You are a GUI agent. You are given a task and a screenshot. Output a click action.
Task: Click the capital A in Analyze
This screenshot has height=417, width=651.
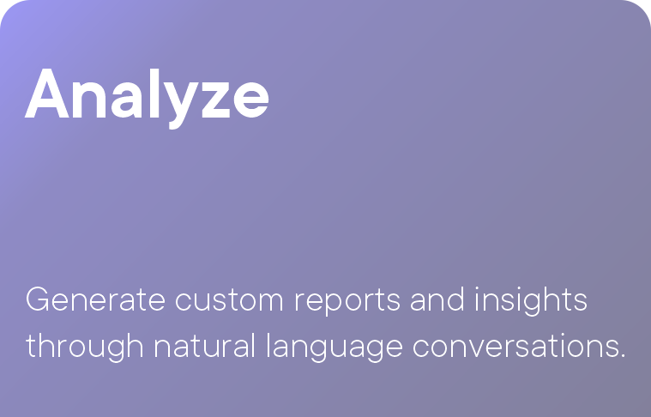(47, 93)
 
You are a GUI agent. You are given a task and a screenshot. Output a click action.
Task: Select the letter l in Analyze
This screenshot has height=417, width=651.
(154, 93)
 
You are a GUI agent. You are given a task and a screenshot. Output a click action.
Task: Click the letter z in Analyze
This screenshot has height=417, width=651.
(216, 100)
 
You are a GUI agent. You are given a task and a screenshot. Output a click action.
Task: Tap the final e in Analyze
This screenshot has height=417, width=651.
(250, 100)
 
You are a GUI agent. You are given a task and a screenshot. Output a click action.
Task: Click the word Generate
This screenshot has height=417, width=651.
(95, 299)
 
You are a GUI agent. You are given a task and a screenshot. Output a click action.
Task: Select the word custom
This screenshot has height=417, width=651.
(229, 299)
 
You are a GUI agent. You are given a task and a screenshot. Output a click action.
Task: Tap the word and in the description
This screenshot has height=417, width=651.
(437, 299)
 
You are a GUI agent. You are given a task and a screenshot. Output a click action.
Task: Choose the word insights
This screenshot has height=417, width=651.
(531, 301)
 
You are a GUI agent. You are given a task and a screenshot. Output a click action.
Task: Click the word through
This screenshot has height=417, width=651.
(85, 347)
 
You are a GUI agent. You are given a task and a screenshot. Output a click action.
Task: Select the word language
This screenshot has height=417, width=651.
(335, 347)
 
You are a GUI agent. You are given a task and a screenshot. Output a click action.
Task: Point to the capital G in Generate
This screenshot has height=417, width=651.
(37, 299)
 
